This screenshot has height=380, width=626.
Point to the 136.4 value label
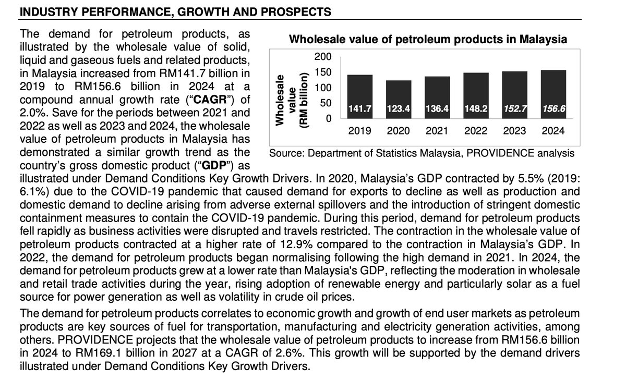(437, 109)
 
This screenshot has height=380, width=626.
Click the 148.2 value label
(476, 109)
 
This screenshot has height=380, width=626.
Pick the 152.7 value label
(514, 109)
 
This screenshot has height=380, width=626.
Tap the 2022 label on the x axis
(476, 131)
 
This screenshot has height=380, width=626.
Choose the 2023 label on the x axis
(514, 131)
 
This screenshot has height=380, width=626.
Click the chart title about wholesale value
(428, 40)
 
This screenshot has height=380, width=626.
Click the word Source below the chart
(286, 153)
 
